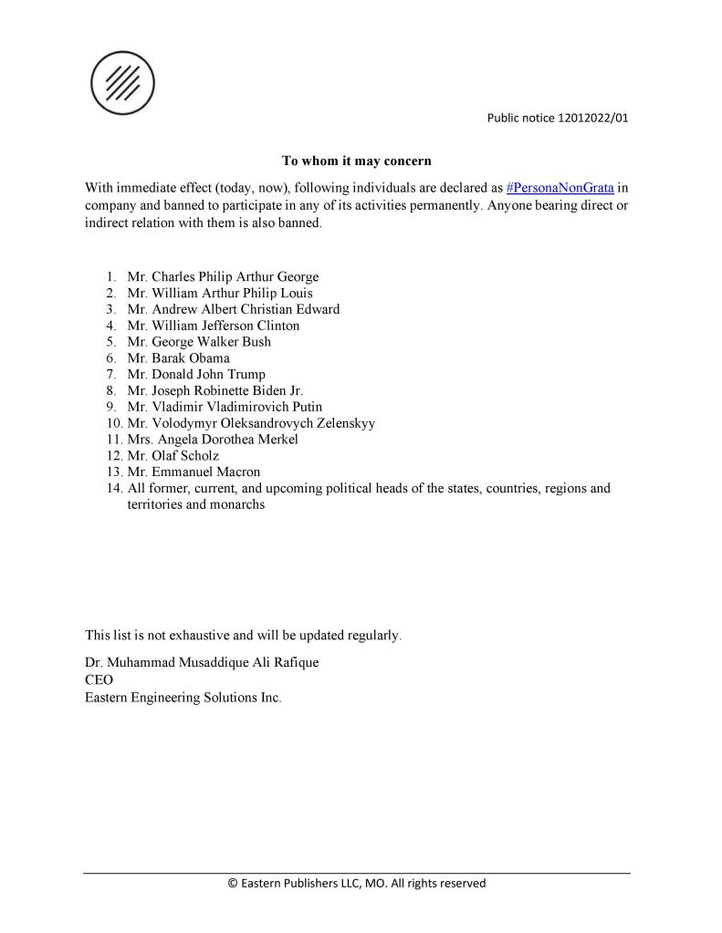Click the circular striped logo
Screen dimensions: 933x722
tap(122, 83)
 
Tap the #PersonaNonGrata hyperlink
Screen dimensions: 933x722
tap(560, 188)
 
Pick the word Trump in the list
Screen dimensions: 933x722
tap(246, 375)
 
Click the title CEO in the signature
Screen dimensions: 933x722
tap(99, 679)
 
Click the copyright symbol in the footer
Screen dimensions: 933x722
tap(232, 884)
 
